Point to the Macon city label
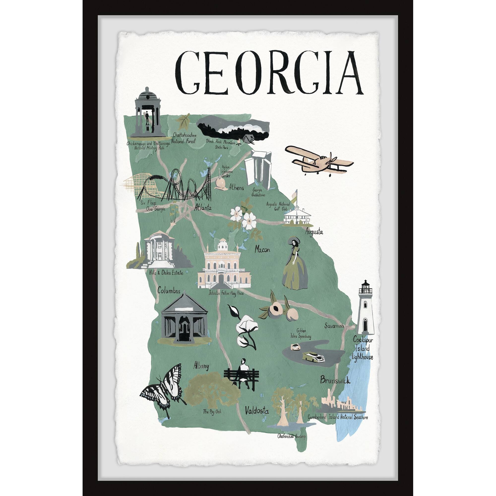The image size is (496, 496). (x=262, y=249)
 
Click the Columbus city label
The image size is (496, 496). (x=169, y=291)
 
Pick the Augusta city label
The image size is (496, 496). (x=314, y=232)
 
